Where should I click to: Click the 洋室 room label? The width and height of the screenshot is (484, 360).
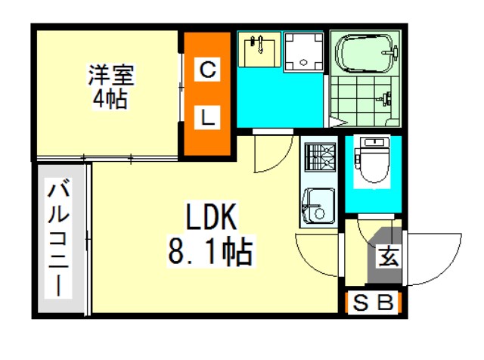[x=111, y=74]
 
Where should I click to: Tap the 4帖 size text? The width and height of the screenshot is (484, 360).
[x=110, y=98]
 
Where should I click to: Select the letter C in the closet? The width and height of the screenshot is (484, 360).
[x=207, y=70]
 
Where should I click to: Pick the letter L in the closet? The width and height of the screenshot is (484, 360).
[x=208, y=117]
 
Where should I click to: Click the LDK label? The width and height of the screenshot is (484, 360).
[x=211, y=217]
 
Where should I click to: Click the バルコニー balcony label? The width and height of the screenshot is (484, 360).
[x=58, y=237]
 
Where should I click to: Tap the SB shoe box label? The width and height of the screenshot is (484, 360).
[x=373, y=302]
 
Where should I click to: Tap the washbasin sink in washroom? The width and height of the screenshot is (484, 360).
[x=259, y=50]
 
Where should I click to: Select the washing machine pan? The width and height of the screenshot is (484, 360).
[x=303, y=52]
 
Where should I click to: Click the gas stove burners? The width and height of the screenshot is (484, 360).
[x=320, y=157]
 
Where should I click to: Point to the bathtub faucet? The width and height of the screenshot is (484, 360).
[x=392, y=52]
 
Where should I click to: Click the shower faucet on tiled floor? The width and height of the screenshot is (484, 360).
[x=385, y=98]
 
